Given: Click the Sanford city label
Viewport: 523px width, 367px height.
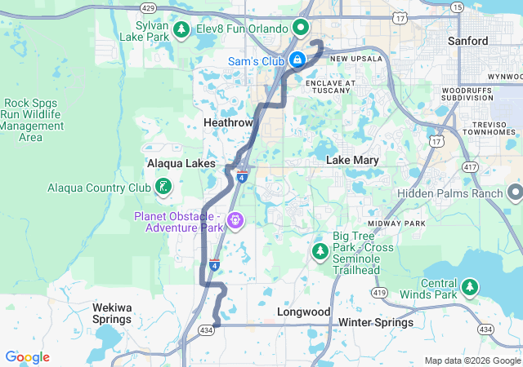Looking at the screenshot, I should (x=468, y=41).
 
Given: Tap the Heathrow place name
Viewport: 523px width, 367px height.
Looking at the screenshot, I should (x=228, y=122).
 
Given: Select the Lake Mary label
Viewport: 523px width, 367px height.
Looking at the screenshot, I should (x=352, y=160).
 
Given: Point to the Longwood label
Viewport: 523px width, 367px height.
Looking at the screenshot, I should (x=303, y=312).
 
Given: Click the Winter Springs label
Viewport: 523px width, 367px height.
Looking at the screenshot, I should (x=376, y=322).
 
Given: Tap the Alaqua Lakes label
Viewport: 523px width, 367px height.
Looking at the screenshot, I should (x=181, y=163).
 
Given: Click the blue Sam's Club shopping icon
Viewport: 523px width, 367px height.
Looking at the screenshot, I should (x=299, y=60).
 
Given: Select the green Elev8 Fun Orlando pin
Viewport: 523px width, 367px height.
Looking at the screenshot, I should (x=301, y=28).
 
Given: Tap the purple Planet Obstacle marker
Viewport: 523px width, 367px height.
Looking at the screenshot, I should (x=236, y=219).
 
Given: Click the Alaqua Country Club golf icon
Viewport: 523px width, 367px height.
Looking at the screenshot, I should (x=164, y=187).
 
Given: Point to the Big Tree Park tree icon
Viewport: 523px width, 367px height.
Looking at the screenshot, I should (x=320, y=250).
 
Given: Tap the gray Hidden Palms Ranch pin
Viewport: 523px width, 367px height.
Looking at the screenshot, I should (x=515, y=192).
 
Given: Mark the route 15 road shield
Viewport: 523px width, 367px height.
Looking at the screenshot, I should (x=456, y=7).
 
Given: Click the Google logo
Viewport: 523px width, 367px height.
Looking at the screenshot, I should (x=27, y=357).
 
